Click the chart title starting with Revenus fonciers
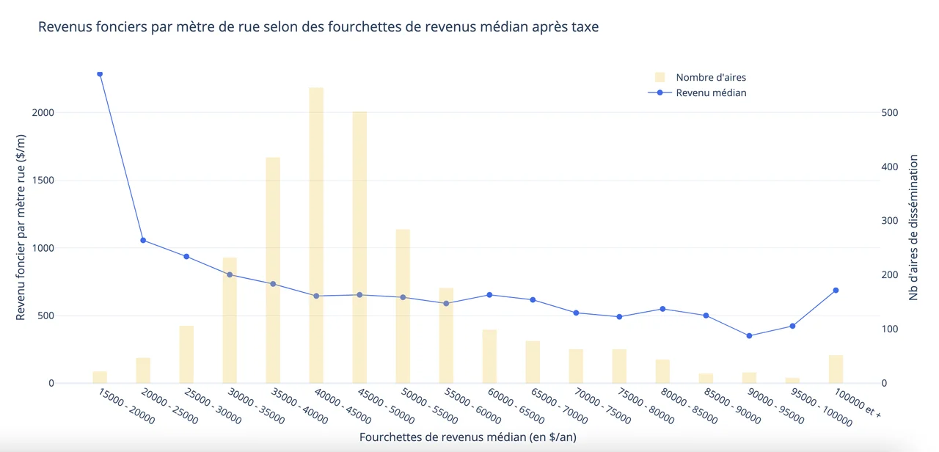pyautogui.click(x=318, y=27)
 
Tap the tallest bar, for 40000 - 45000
pyautogui.click(x=316, y=235)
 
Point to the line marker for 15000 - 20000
pyautogui.click(x=100, y=74)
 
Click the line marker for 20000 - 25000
pyautogui.click(x=143, y=240)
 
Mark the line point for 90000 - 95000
pyautogui.click(x=749, y=336)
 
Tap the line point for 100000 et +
pyautogui.click(x=836, y=291)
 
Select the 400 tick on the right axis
pyautogui.click(x=890, y=167)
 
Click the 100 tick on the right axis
pyautogui.click(x=890, y=329)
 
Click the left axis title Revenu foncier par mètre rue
pyautogui.click(x=21, y=227)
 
